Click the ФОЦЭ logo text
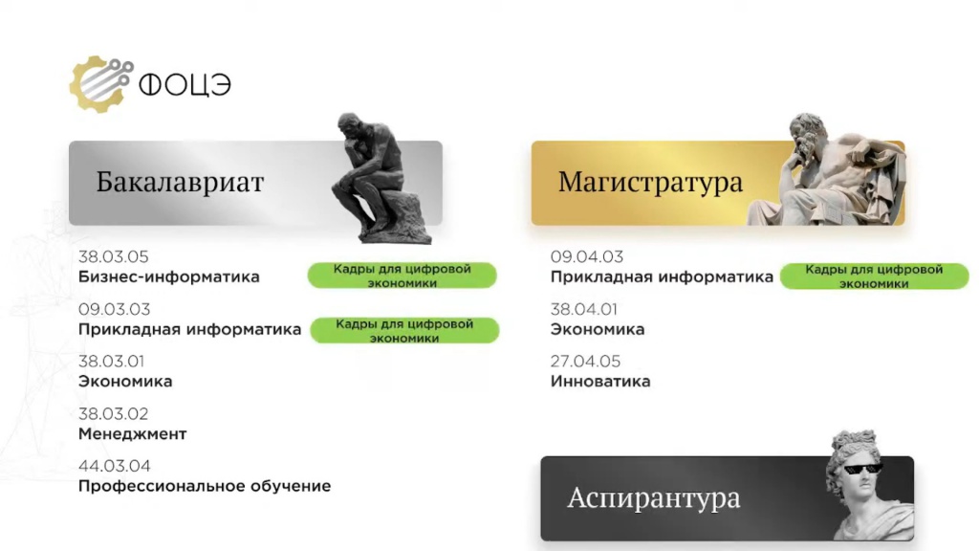pos(185,85)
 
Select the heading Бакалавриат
pos(180,182)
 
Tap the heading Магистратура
pos(650,182)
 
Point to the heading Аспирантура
pos(654,497)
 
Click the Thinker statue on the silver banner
pos(381,178)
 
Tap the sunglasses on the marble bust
pos(863,468)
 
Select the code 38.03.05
pos(114,256)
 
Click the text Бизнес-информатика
pos(168,276)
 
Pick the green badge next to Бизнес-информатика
pos(402,275)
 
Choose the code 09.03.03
pos(115,309)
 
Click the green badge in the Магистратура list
pos(874,276)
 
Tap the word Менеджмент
pos(132,433)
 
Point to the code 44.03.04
pos(115,466)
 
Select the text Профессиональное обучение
pos(205,486)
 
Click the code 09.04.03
pos(587,256)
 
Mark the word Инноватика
pos(600,381)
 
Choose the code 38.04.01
pos(584,309)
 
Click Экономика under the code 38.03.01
pos(125,381)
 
